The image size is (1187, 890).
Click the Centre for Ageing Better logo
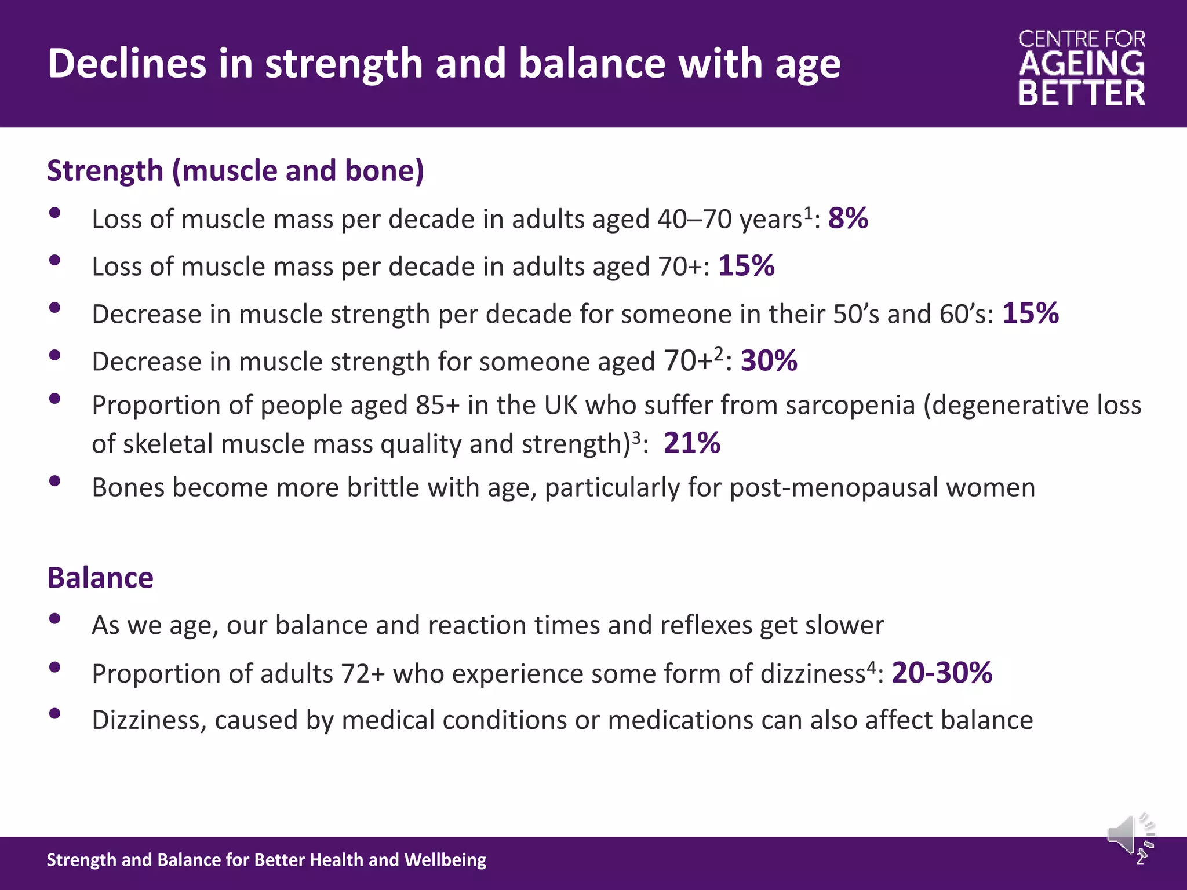point(1082,68)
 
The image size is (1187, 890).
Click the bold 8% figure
point(848,218)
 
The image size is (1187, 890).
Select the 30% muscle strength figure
point(769,361)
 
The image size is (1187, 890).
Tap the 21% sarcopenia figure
point(692,443)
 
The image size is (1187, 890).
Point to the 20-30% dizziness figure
point(942,673)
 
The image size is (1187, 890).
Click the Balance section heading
point(100,578)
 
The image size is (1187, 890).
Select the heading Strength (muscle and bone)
point(235,171)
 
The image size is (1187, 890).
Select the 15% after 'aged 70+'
point(746,266)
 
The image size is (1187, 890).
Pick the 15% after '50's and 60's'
point(1031,313)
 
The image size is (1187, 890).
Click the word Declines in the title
point(126,63)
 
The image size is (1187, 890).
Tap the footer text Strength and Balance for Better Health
point(266,860)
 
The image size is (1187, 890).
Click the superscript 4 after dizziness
point(871,666)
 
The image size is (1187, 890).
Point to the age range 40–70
point(694,220)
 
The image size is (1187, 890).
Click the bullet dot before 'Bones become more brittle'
point(55,480)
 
